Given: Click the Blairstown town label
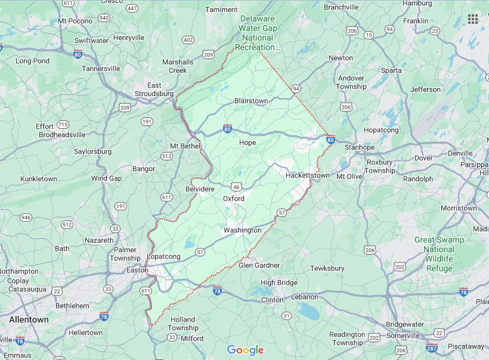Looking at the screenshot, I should pyautogui.click(x=251, y=101).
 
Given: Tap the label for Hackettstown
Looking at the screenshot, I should pyautogui.click(x=307, y=176).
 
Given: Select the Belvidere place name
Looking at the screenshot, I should pyautogui.click(x=200, y=188).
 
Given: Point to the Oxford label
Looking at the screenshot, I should pyautogui.click(x=234, y=198).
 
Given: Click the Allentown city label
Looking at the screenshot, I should pyautogui.click(x=29, y=319).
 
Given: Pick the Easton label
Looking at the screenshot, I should pyautogui.click(x=137, y=270).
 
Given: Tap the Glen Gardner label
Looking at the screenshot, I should pyautogui.click(x=259, y=265).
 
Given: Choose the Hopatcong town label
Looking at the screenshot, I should pyautogui.click(x=381, y=129).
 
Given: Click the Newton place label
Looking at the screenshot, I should pyautogui.click(x=341, y=58).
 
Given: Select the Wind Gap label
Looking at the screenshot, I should pyautogui.click(x=106, y=178).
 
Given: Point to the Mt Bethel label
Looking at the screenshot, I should pyautogui.click(x=185, y=146).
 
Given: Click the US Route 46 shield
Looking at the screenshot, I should pyautogui.click(x=237, y=186).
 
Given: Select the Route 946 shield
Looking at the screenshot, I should pyautogui.click(x=26, y=218).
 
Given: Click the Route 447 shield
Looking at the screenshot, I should pyautogui.click(x=132, y=8).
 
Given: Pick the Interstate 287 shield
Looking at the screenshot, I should pyautogui.click(x=431, y=348).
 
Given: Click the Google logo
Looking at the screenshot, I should pyautogui.click(x=245, y=350).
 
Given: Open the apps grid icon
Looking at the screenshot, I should pyautogui.click(x=473, y=19).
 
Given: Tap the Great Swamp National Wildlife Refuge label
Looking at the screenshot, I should pyautogui.click(x=439, y=254).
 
